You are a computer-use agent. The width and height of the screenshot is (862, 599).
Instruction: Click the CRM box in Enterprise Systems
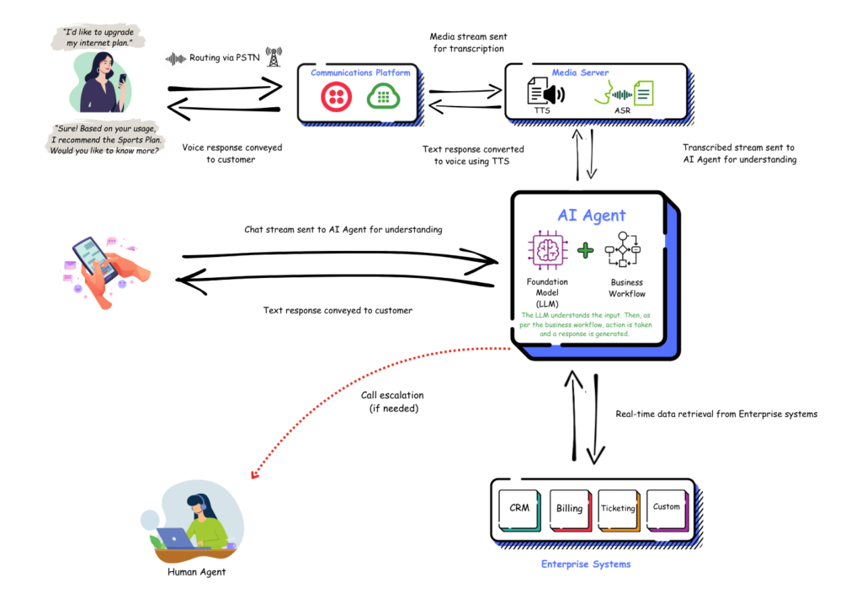pos(519,509)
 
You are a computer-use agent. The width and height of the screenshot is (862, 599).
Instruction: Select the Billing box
pos(570,509)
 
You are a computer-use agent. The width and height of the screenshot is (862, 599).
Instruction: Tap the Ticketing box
pos(618,509)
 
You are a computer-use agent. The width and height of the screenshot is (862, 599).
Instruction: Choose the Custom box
pos(667,507)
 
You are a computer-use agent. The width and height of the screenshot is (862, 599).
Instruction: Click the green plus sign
pos(586,251)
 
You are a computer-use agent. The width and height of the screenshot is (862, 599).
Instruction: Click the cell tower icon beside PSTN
pos(274,57)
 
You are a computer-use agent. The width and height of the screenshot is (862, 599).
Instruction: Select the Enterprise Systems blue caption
pos(585,564)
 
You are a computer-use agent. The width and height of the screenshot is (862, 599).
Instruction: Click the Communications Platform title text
pos(360,73)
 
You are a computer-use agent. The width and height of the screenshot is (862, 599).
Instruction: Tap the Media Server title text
pos(580,73)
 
